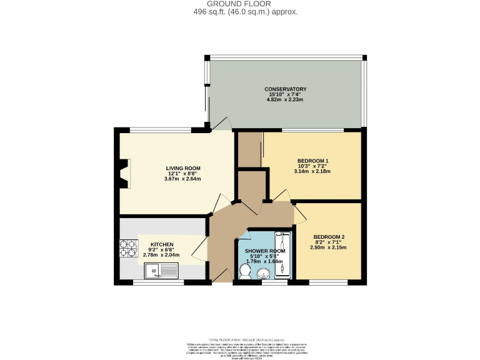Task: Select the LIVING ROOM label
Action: coord(182,168)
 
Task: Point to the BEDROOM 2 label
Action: coord(329,237)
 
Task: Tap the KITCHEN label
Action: coord(161,244)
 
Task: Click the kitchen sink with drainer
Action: coord(161,270)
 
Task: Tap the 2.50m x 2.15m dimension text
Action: coord(329,247)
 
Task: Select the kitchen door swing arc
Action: coord(199,250)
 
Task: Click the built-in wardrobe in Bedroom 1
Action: coord(251,149)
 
